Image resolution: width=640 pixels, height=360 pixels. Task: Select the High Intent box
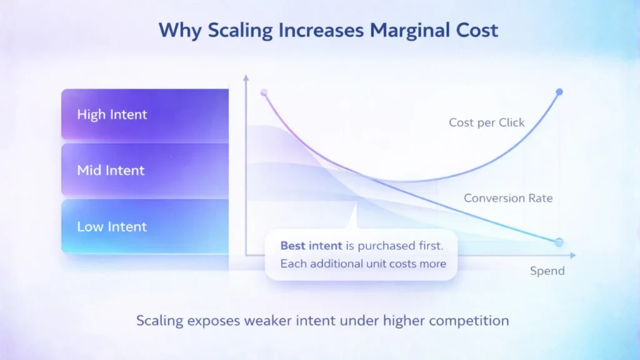(x=145, y=114)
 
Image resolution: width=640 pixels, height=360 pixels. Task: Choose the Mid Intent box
(x=145, y=170)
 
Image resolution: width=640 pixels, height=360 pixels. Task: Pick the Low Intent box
(x=145, y=226)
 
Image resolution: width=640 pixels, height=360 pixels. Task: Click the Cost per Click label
(x=487, y=122)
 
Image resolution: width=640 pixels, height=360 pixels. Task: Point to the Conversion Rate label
(x=508, y=198)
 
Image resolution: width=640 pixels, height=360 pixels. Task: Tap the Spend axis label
(x=547, y=271)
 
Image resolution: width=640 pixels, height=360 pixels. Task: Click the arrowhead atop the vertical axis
(x=246, y=78)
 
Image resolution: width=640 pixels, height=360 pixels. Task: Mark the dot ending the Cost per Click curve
(x=559, y=92)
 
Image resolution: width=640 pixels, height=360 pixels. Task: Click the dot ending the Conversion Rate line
(x=559, y=242)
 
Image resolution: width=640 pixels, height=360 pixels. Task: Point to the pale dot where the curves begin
(x=264, y=92)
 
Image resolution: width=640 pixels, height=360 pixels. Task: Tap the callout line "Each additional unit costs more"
(x=363, y=263)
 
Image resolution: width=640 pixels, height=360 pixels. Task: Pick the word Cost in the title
(x=475, y=31)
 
